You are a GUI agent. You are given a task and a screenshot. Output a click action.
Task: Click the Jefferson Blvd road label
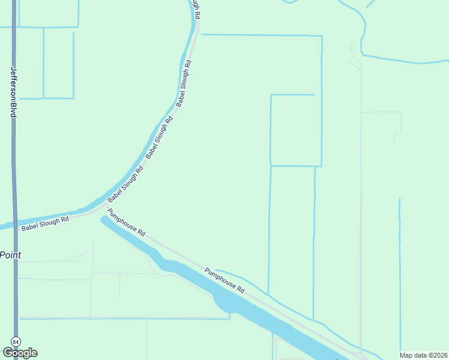click(x=13, y=92)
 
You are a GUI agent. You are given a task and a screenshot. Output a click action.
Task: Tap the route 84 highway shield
click(x=16, y=341)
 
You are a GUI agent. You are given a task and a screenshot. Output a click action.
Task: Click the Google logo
click(x=20, y=353)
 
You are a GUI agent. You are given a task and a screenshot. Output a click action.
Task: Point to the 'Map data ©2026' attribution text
click(x=424, y=355)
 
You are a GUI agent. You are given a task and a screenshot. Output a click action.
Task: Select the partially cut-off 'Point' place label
click(x=10, y=255)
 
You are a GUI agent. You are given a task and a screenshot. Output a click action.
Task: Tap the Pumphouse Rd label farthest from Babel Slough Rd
click(x=225, y=280)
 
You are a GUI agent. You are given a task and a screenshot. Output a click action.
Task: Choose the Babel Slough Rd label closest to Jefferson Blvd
click(x=45, y=223)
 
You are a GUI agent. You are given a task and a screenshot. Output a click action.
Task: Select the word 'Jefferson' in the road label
click(x=13, y=83)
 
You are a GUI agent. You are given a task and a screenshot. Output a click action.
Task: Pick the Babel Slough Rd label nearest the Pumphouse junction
click(x=125, y=183)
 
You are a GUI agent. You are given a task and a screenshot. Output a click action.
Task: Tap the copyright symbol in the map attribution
click(x=430, y=355)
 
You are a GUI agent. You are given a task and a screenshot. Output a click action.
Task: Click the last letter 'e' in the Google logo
click(x=34, y=353)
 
